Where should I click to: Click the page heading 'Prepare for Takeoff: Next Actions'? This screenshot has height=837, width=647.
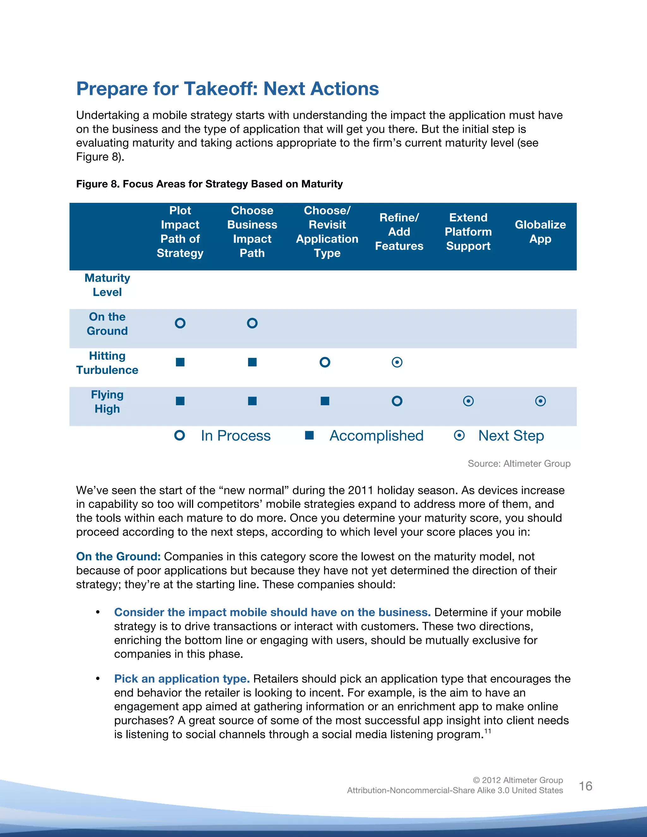click(x=227, y=88)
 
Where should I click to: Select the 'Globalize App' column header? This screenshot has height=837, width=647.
click(x=540, y=232)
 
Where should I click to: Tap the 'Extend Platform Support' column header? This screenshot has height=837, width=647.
click(x=468, y=232)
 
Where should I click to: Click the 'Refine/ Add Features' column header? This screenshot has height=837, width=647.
click(x=399, y=232)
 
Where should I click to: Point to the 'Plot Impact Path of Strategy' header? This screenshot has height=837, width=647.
click(x=180, y=232)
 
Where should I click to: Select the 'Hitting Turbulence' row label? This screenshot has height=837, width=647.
click(x=107, y=363)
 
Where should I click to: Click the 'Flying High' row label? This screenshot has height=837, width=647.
click(x=107, y=402)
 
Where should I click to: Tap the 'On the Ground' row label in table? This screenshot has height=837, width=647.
click(x=107, y=324)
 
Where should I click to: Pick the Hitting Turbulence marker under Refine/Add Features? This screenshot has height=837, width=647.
click(x=397, y=362)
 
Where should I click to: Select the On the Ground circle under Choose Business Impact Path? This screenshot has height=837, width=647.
click(x=252, y=323)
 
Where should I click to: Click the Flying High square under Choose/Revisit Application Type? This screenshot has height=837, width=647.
click(x=325, y=401)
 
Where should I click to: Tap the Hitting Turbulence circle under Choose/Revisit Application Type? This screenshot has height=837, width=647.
click(x=325, y=362)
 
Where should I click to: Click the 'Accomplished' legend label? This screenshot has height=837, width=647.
click(x=376, y=436)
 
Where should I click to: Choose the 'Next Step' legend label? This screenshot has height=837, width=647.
click(x=511, y=436)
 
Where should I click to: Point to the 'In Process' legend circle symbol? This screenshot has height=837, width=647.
click(x=179, y=435)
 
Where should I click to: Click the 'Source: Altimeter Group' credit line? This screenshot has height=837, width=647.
click(x=519, y=464)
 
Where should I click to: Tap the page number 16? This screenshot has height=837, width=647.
click(x=585, y=786)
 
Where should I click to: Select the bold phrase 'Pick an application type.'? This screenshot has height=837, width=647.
click(x=182, y=679)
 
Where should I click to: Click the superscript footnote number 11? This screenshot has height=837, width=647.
click(x=487, y=731)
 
